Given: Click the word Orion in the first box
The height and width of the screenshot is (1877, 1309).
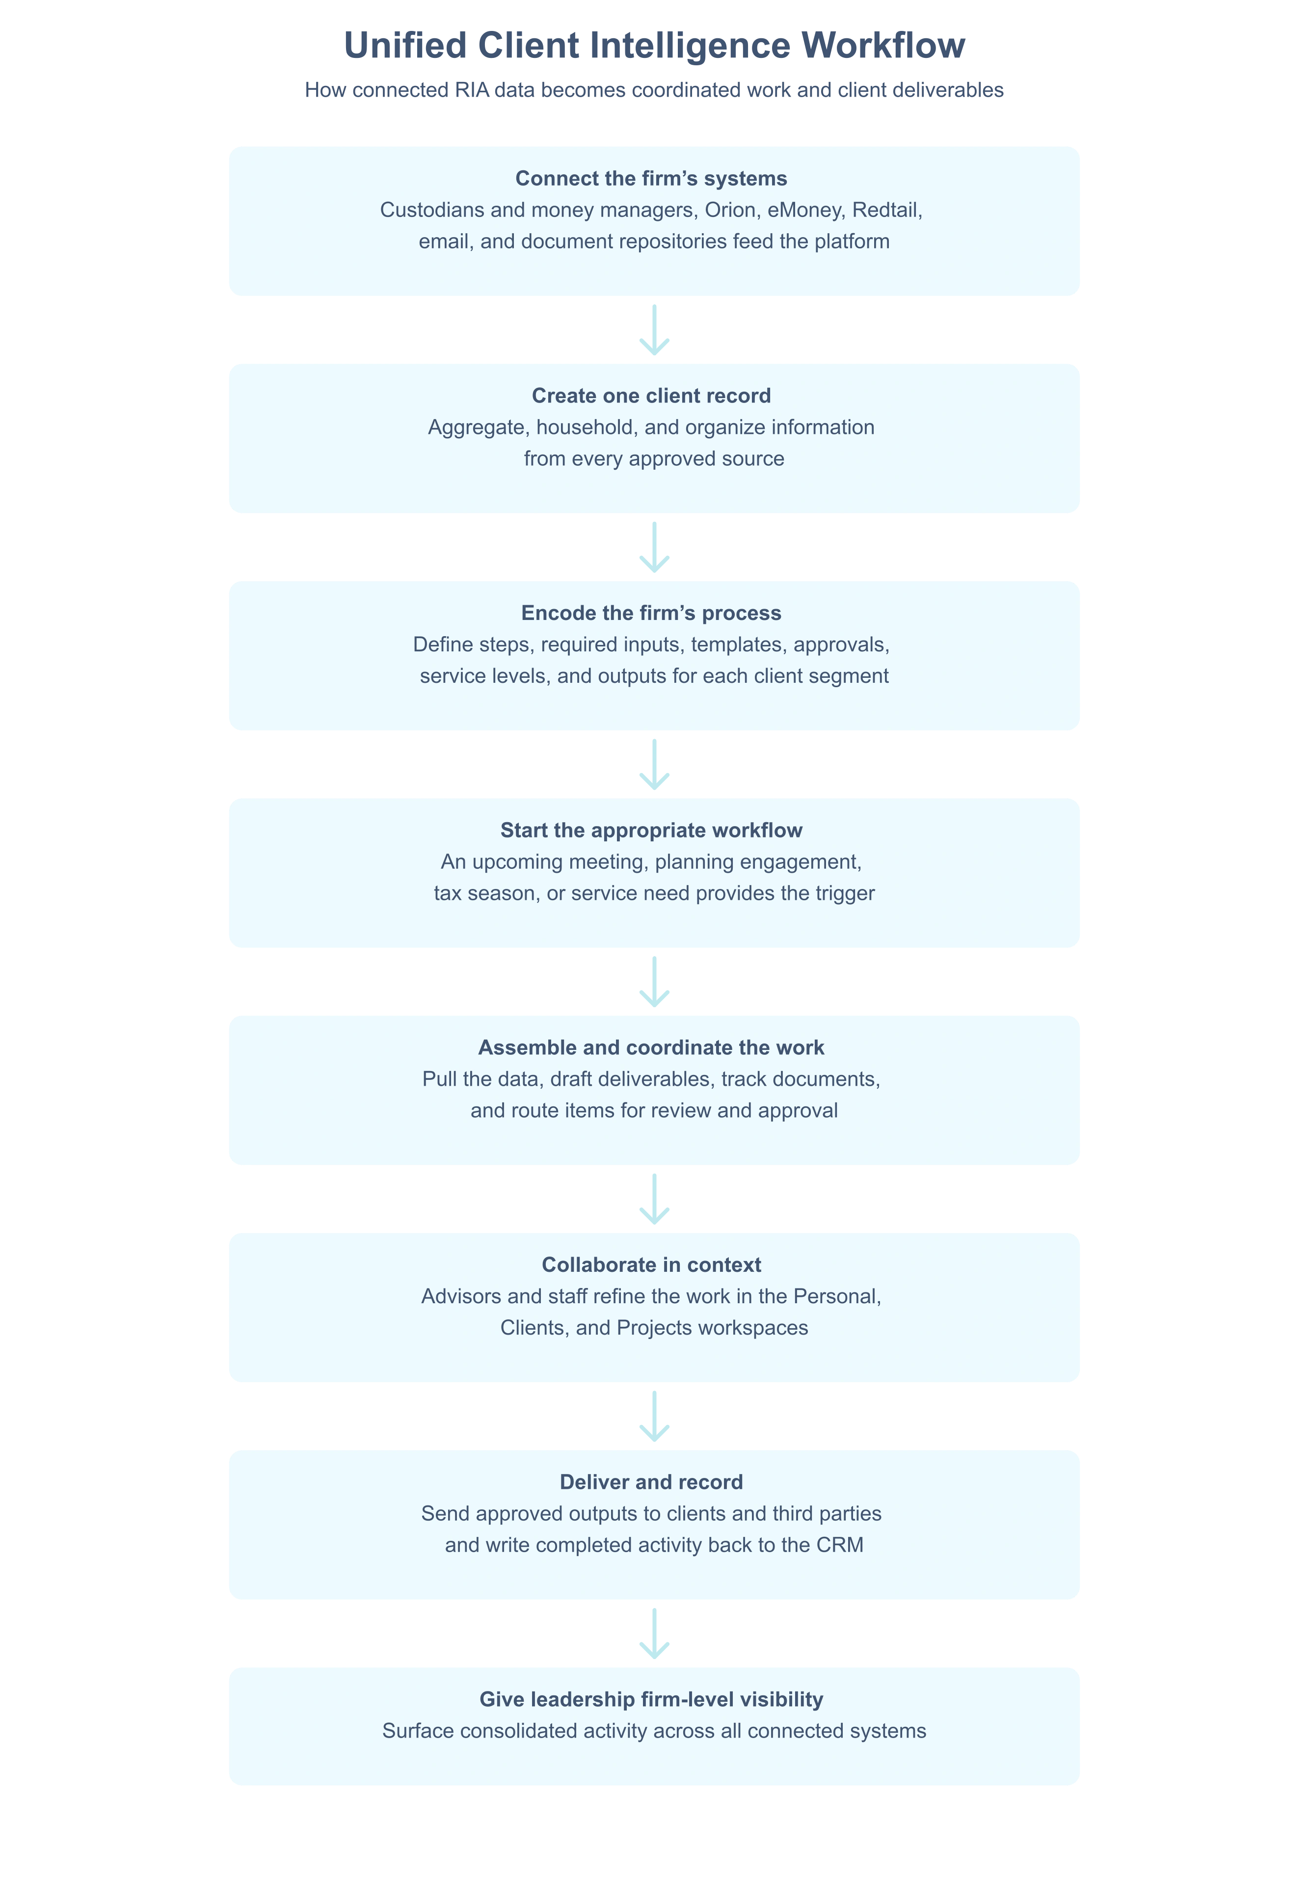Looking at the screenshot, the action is pyautogui.click(x=730, y=210).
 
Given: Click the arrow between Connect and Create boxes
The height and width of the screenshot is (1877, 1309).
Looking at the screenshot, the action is pyautogui.click(x=654, y=330).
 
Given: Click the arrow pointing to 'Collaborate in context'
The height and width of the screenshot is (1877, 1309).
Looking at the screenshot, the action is pyautogui.click(x=654, y=1199).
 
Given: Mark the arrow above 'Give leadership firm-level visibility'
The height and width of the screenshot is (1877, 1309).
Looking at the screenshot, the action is pyautogui.click(x=654, y=1634).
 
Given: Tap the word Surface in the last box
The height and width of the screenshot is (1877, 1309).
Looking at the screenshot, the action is pyautogui.click(x=415, y=1732).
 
